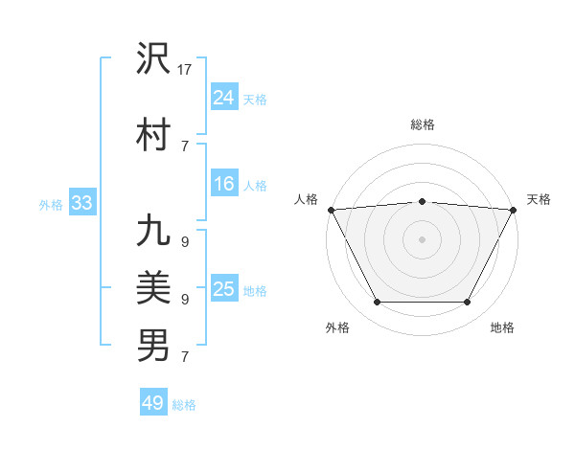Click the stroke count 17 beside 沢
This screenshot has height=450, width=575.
[186, 70]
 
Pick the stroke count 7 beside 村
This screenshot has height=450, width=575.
[184, 146]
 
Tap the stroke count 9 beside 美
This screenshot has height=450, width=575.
[184, 300]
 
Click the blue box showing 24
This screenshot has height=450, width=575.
[224, 97]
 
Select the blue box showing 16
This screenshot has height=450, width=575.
[224, 184]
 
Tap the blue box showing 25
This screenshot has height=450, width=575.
[224, 289]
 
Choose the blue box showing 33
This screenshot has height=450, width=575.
[81, 202]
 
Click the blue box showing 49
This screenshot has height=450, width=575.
[153, 403]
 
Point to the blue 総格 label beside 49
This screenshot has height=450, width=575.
[185, 405]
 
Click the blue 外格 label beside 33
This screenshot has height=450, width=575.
[51, 204]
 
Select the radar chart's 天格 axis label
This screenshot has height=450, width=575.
[539, 199]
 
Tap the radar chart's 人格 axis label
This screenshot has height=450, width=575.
[307, 199]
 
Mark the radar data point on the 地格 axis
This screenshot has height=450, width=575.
[468, 303]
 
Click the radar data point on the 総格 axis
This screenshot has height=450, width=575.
[422, 201]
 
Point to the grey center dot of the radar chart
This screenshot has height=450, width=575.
[422, 238]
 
